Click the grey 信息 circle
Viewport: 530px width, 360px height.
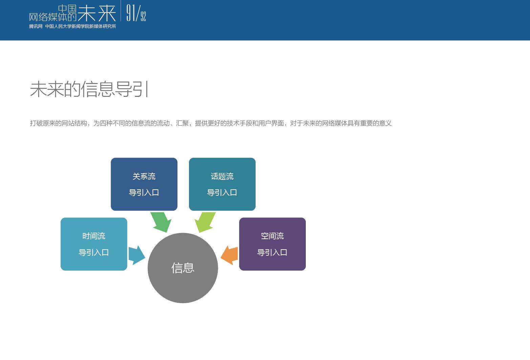point(183,268)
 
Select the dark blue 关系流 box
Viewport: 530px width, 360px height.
point(144,184)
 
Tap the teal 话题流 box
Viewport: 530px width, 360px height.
point(222,184)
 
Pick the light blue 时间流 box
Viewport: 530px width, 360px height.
point(94,244)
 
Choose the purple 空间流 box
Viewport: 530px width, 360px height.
point(272,244)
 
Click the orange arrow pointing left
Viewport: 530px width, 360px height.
point(230,255)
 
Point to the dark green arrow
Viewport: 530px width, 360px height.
point(161,221)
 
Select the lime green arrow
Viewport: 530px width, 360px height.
point(205,221)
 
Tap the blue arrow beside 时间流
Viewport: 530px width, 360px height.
point(136,255)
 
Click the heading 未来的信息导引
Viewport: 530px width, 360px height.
point(89,89)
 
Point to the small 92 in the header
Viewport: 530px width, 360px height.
point(143,16)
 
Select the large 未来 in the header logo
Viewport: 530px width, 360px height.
point(97,13)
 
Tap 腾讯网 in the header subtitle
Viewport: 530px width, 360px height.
point(36,26)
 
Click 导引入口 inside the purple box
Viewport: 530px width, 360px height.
point(272,252)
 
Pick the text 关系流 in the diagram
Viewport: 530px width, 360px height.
point(144,176)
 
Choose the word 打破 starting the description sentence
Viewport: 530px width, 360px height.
point(36,123)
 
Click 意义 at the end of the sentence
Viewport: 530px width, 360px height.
point(385,123)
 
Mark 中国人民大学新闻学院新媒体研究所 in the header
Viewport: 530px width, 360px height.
point(81,26)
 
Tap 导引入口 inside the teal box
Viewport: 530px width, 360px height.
point(222,192)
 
